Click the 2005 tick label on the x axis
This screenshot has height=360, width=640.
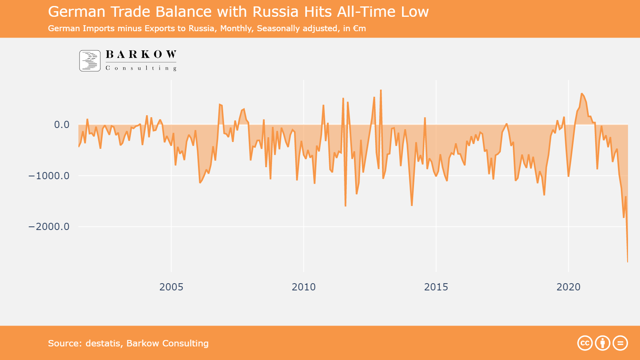pyautogui.click(x=171, y=287)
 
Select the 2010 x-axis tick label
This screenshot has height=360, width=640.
pyautogui.click(x=304, y=287)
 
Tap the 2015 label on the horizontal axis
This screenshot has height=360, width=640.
pyautogui.click(x=436, y=287)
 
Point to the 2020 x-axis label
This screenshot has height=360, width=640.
pyautogui.click(x=568, y=287)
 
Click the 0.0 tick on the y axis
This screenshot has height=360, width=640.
pyautogui.click(x=62, y=125)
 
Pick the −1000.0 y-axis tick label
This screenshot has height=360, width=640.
pyautogui.click(x=49, y=176)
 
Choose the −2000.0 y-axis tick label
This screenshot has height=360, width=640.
pyautogui.click(x=49, y=226)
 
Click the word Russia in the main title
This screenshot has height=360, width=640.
pyautogui.click(x=276, y=12)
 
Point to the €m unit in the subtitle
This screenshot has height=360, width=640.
pyautogui.click(x=360, y=28)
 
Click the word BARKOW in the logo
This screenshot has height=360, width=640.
pyautogui.click(x=141, y=54)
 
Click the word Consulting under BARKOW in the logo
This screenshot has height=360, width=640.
pyautogui.click(x=141, y=68)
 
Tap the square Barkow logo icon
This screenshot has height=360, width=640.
pyautogui.click(x=90, y=61)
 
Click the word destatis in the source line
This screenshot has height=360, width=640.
pyautogui.click(x=103, y=343)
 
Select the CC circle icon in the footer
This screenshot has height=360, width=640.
pyautogui.click(x=585, y=343)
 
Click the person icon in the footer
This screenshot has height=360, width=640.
pyautogui.click(x=602, y=343)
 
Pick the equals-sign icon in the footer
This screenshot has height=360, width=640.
pyautogui.click(x=620, y=343)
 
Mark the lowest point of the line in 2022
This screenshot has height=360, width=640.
pyautogui.click(x=628, y=262)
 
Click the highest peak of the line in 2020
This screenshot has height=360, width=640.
pyautogui.click(x=582, y=94)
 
